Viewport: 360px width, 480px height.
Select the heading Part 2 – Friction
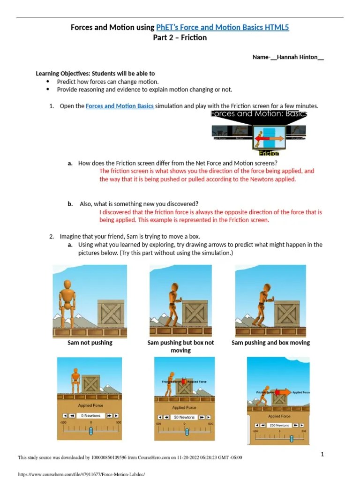[180, 37]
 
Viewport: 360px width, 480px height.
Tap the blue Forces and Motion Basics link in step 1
[120, 106]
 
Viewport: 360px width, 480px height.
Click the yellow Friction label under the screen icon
[269, 153]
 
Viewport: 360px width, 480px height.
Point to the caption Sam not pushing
[90, 343]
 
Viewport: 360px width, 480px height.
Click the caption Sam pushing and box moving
[270, 343]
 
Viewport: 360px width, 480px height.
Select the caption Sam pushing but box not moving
[180, 346]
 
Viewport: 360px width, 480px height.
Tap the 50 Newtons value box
[184, 417]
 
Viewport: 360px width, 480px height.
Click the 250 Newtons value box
[279, 425]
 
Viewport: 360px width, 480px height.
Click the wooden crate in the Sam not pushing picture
[111, 314]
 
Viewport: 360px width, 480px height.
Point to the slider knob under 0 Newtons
[91, 430]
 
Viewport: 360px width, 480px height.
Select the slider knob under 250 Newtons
[292, 439]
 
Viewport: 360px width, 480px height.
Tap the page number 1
[322, 454]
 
